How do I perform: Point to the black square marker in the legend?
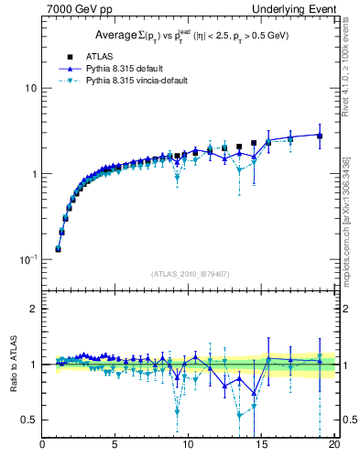64,56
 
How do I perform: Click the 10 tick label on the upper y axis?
30,88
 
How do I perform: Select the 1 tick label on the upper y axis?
34,174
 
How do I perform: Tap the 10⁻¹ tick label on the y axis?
28,259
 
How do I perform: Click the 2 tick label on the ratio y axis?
34,309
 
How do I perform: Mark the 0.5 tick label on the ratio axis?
29,420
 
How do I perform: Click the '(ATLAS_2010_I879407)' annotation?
189,273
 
